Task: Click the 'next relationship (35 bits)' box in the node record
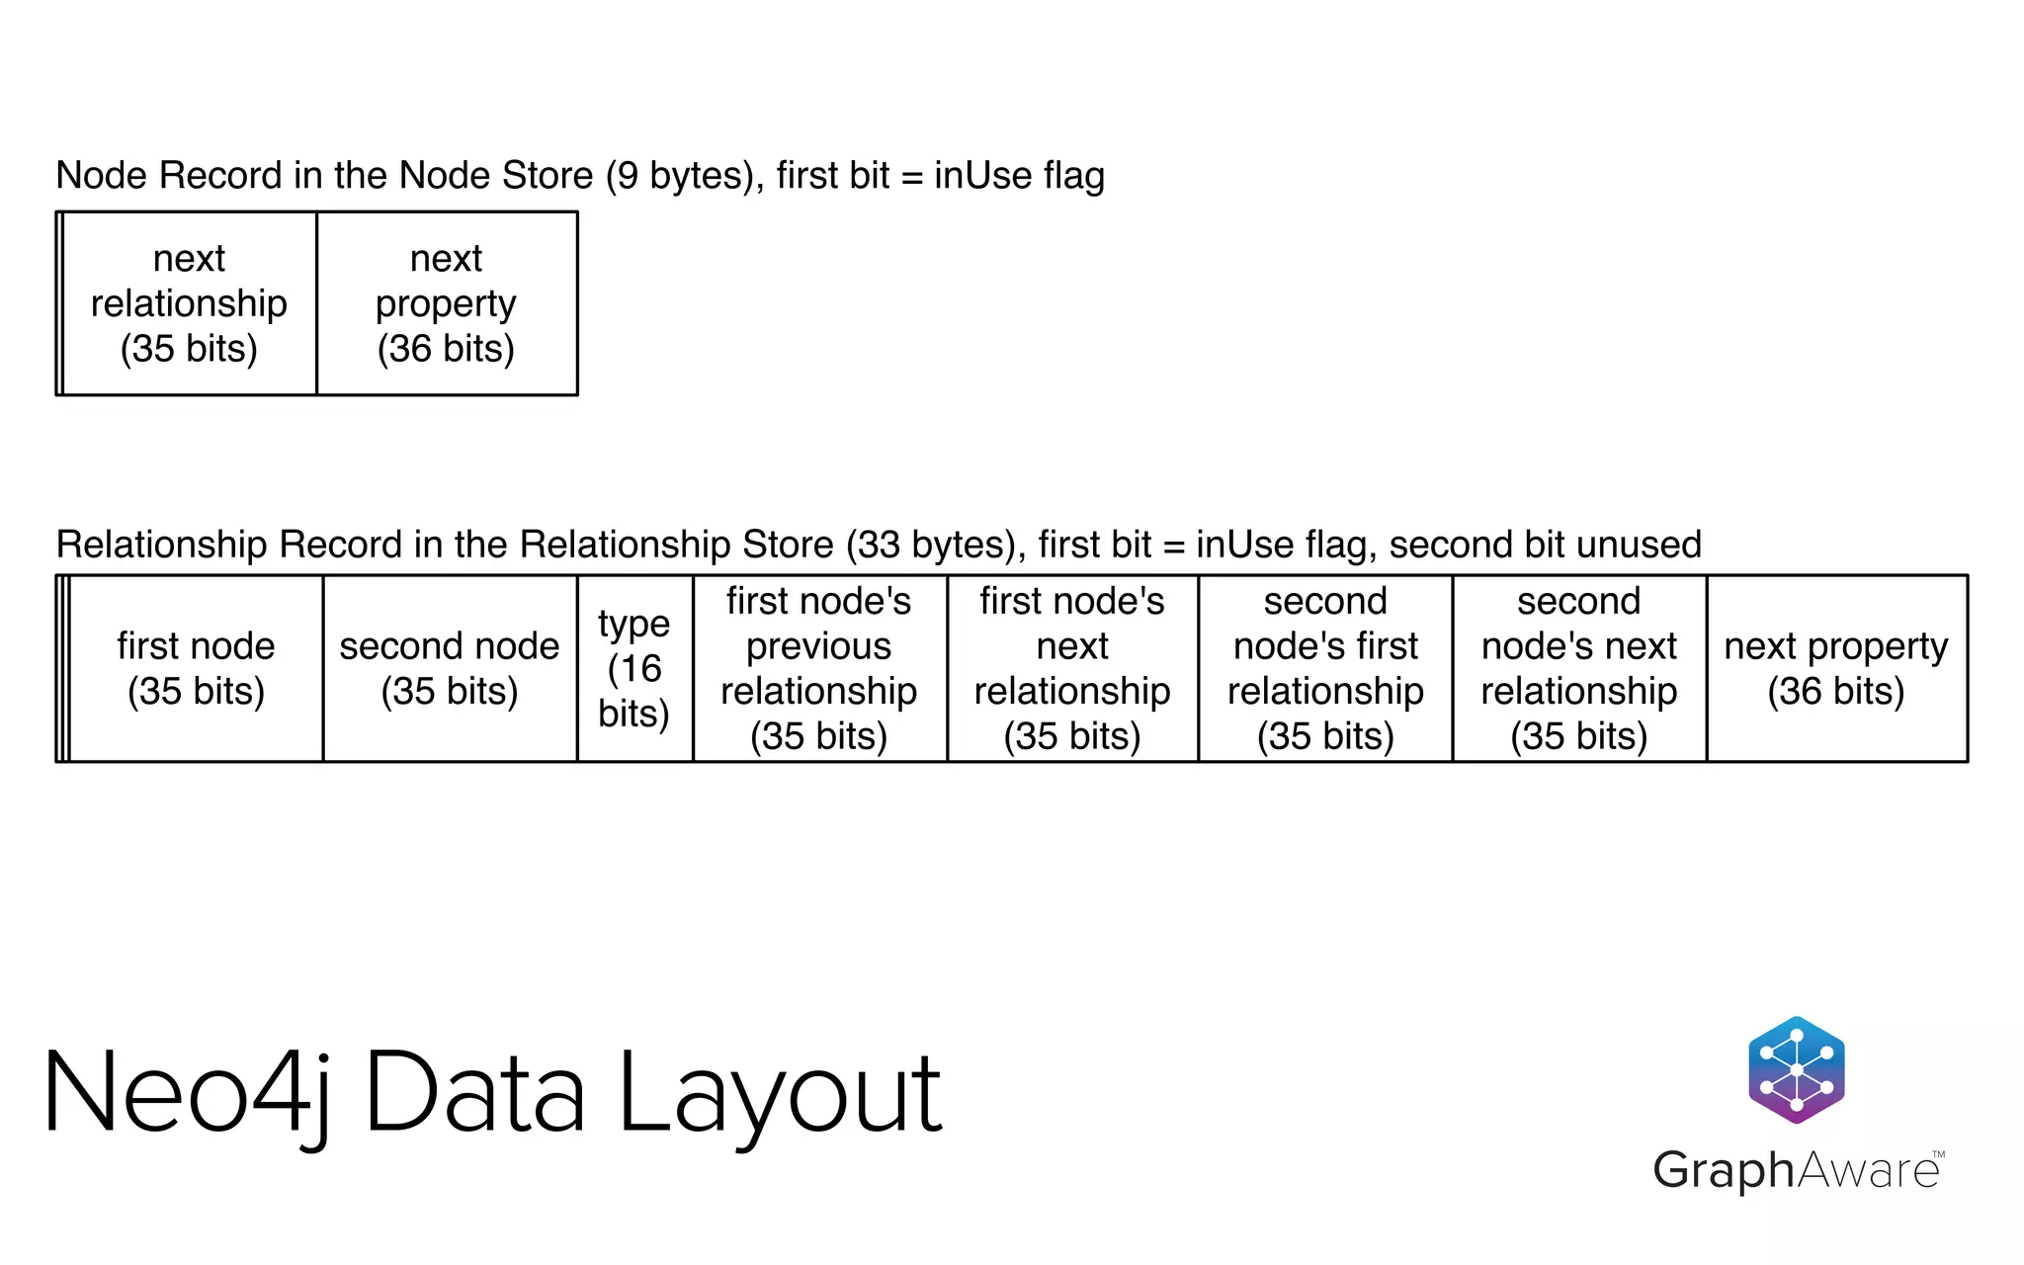point(189,303)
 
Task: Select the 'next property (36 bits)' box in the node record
point(446,303)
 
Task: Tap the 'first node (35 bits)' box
point(196,668)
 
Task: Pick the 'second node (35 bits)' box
point(450,668)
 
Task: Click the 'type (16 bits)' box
point(633,668)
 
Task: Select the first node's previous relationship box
point(819,668)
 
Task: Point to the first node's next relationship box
point(1072,668)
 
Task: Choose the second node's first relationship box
point(1325,668)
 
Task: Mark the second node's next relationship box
point(1579,668)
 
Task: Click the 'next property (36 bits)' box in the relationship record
point(1836,668)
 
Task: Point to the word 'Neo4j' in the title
point(188,1094)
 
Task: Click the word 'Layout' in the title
point(781,1094)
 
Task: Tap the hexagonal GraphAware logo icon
point(1797,1069)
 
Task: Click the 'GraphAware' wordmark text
point(1797,1170)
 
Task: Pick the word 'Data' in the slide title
point(475,1094)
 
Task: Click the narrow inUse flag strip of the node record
point(60,303)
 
